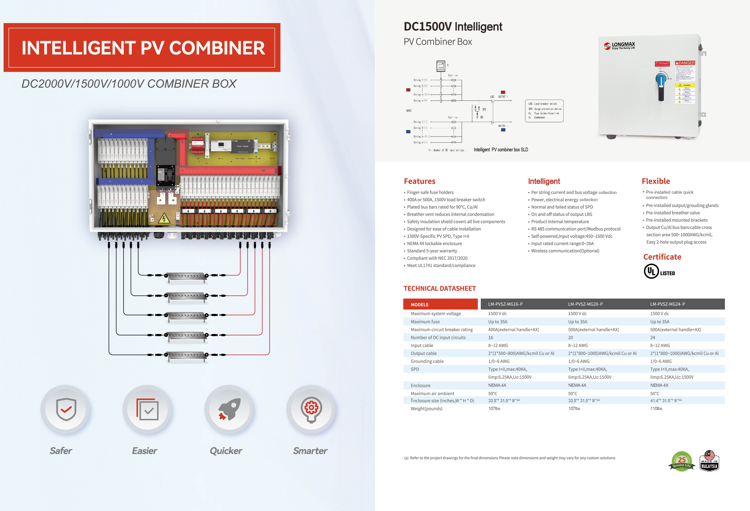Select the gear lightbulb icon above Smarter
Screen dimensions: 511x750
pyautogui.click(x=311, y=409)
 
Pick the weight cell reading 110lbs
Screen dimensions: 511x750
pyautogui.click(x=656, y=408)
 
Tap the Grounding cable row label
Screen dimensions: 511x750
pyautogui.click(x=427, y=361)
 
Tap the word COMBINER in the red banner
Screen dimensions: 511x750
pyautogui.click(x=217, y=48)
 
